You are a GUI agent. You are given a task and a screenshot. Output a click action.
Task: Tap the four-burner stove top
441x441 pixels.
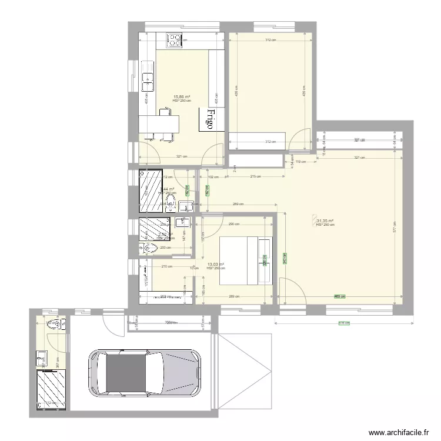pos(175,40)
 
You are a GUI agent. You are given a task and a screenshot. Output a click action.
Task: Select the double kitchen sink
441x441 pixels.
pos(146,80)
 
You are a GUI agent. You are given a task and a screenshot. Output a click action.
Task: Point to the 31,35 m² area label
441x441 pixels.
pos(325,221)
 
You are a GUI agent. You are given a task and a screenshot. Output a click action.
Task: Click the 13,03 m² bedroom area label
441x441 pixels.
pos(216,265)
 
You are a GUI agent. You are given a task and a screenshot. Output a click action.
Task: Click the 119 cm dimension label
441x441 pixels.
pos(298,161)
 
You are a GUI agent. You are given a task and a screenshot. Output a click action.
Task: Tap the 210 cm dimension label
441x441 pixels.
pos(166,266)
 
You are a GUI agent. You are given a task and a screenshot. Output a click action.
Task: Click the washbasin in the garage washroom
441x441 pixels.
pos(42,356)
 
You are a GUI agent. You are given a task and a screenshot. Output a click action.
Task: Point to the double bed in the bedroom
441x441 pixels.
pos(246,260)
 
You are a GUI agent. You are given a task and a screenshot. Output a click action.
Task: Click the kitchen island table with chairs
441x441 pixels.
pos(158,125)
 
